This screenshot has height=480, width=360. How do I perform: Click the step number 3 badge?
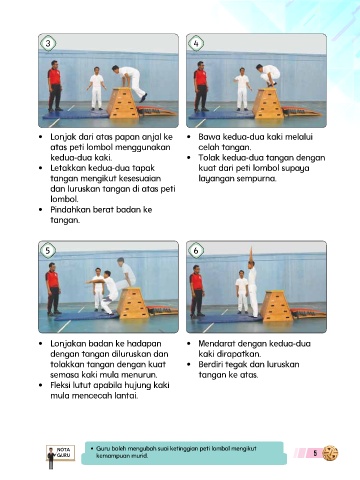[x=48, y=43]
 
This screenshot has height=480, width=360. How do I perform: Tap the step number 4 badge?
[x=196, y=43]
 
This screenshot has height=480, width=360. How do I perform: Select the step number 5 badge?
[x=48, y=250]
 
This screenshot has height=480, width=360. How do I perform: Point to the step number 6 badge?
[x=196, y=250]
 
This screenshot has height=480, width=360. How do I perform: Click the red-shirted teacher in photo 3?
[x=54, y=86]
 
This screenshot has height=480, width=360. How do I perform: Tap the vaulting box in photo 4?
[x=268, y=103]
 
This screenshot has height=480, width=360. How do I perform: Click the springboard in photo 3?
[x=156, y=111]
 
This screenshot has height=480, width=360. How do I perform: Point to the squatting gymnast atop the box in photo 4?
[x=269, y=75]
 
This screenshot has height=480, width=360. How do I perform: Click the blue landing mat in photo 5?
[x=87, y=316]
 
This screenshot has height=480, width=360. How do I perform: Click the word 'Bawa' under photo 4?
[x=209, y=137]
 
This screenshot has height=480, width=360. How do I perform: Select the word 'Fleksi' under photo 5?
[x=60, y=385]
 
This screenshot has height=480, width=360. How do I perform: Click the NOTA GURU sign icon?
[x=60, y=455]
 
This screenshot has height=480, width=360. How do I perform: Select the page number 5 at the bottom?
[x=315, y=453]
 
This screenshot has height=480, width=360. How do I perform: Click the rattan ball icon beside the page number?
[x=330, y=453]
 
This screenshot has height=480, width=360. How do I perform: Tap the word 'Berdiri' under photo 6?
[x=212, y=364]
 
